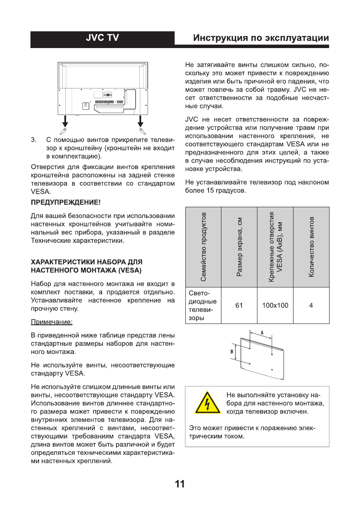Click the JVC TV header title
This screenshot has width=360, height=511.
tap(102, 39)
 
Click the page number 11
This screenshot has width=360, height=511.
tap(180, 484)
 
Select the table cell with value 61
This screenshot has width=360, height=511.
tap(239, 305)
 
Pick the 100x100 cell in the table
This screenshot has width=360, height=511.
tap(275, 305)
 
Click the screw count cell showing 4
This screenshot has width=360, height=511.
tap(311, 305)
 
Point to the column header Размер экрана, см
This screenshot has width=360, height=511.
tap(239, 247)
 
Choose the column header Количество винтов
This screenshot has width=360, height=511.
tap(312, 247)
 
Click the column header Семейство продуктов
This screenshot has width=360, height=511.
tap(203, 247)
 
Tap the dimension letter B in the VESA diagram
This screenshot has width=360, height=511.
tap(232, 350)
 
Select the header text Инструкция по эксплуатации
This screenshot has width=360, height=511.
tap(261, 39)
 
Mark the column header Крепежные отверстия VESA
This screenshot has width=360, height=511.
tap(275, 247)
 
